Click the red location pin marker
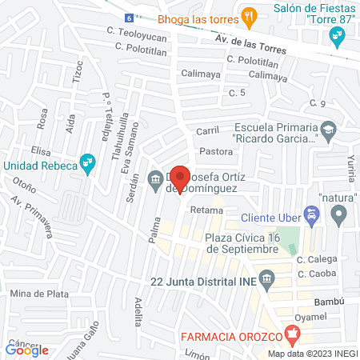[x=180, y=178]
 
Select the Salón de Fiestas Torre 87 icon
[x=336, y=35]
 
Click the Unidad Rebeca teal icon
[x=89, y=166]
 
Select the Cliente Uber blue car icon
[x=314, y=214]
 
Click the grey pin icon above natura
[x=339, y=214]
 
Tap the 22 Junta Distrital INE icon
[x=266, y=280]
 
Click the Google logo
[x=27, y=350]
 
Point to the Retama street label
[x=206, y=210]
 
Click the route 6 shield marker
[x=130, y=17]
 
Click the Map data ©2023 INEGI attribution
[x=312, y=354]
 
